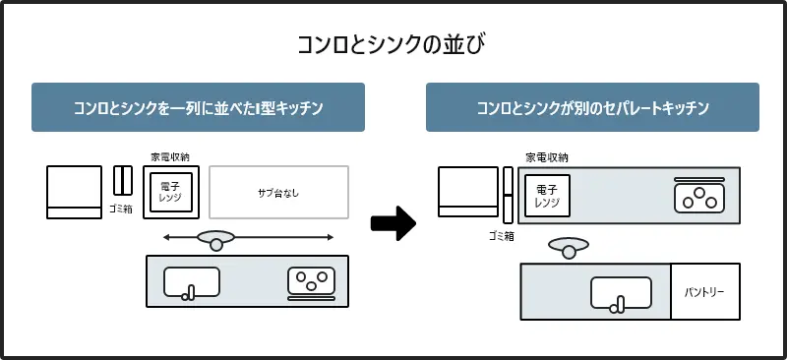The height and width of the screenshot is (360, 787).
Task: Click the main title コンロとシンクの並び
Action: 393,45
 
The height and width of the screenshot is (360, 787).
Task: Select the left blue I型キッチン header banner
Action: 198,107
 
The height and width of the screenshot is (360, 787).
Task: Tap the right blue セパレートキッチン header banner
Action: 592,107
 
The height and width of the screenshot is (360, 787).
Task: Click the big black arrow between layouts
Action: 393,222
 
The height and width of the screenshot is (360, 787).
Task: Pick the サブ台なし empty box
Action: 279,193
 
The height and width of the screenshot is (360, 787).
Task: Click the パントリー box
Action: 704,292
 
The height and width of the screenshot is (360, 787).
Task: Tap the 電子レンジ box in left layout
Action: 171,193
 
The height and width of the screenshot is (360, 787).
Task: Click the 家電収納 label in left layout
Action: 170,156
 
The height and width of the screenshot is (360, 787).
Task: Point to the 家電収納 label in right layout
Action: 546,157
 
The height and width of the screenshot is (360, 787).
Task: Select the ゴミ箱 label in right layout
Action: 502,236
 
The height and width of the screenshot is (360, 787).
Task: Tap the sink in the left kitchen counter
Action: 191,282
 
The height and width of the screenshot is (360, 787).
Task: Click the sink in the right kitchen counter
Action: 621,293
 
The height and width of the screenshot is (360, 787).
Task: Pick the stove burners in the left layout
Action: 311,281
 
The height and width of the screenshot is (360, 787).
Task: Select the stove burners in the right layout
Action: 698,198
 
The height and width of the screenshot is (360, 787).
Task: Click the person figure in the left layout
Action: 215,239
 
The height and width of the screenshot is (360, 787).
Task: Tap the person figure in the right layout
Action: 568,247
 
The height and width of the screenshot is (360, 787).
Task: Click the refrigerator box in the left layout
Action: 74,193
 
